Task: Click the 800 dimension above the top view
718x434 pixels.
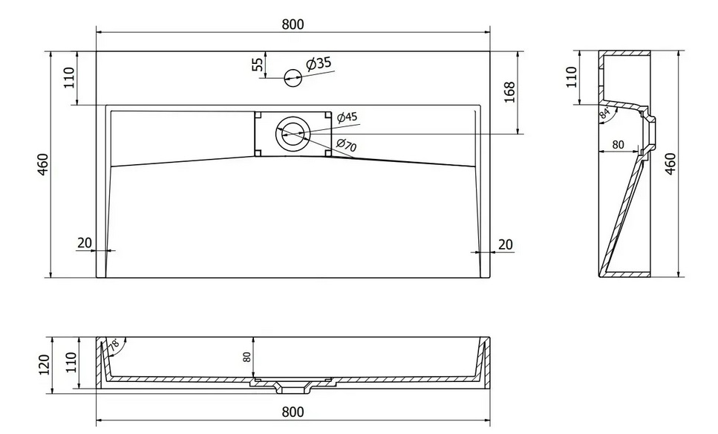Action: point(293,24)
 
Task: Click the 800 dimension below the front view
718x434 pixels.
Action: point(293,412)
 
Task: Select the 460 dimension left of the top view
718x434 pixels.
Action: point(42,165)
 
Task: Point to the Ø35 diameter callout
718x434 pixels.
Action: point(318,64)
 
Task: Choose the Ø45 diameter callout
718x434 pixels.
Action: point(347,117)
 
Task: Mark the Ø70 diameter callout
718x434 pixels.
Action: point(346,146)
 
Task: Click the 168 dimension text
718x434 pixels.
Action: point(509,92)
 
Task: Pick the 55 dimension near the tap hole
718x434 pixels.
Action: point(258,65)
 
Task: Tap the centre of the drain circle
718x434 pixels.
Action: point(293,134)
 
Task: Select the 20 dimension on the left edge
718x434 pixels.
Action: point(84,242)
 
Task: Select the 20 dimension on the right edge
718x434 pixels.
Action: point(505,243)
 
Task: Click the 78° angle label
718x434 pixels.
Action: point(114,345)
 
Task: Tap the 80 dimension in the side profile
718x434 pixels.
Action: point(616,145)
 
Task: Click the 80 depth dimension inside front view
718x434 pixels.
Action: point(247,357)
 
